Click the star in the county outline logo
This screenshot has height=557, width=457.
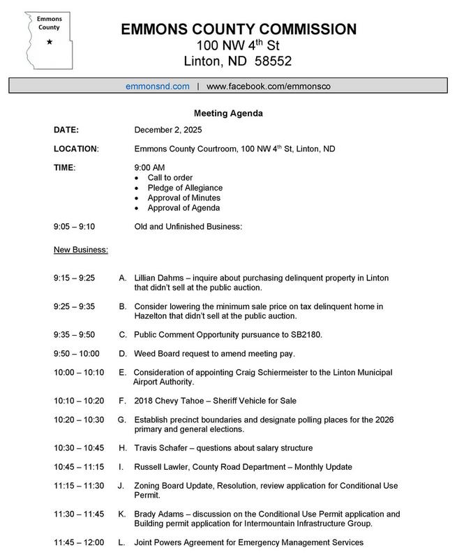tap(50, 43)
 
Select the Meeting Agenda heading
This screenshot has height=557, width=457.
tap(228, 113)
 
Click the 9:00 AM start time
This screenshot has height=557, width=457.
tap(149, 168)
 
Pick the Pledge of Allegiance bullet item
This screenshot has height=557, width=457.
tap(185, 188)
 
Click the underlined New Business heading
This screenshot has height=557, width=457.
tap(80, 248)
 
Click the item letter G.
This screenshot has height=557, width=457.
tap(121, 419)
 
